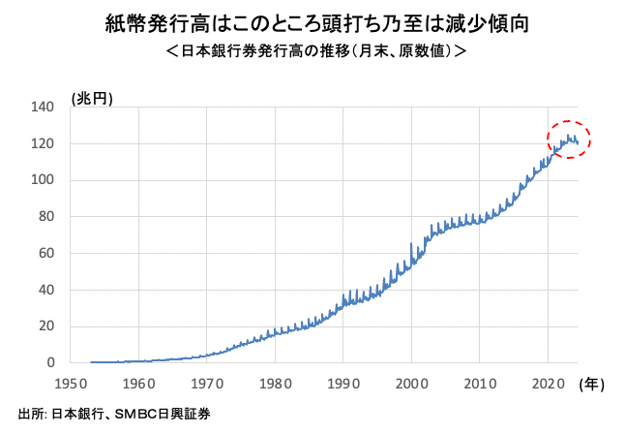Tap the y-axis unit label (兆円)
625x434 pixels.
tap(92, 98)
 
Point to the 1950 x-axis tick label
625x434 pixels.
tap(71, 382)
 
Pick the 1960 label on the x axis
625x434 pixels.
tap(138, 382)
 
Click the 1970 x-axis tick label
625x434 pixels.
tap(207, 382)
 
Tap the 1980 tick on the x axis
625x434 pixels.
tap(275, 382)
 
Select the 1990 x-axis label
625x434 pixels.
tap(343, 382)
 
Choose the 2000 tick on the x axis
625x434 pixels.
tap(411, 382)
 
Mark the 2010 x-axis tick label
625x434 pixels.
tap(480, 382)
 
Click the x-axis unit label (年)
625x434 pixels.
tap(591, 384)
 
